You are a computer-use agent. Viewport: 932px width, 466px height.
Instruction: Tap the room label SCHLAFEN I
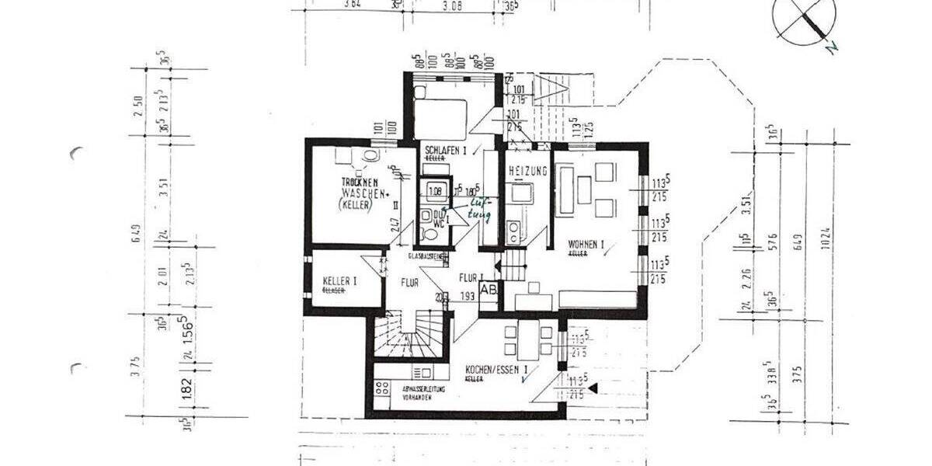point(445,151)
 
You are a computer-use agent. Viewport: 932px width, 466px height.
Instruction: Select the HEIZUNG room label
point(528,171)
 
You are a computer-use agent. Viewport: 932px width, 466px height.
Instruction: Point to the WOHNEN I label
point(586,244)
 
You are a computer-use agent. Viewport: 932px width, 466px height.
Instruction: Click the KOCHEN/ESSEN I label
point(497,370)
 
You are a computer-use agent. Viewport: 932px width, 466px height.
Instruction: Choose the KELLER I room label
point(339,282)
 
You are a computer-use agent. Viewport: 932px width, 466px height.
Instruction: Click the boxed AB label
point(489,289)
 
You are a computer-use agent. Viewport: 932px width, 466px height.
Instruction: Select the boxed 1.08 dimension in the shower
point(435,190)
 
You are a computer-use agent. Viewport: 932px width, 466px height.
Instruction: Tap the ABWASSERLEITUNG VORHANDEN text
point(423,391)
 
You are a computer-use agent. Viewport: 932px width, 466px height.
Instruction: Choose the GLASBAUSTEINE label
point(426,256)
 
